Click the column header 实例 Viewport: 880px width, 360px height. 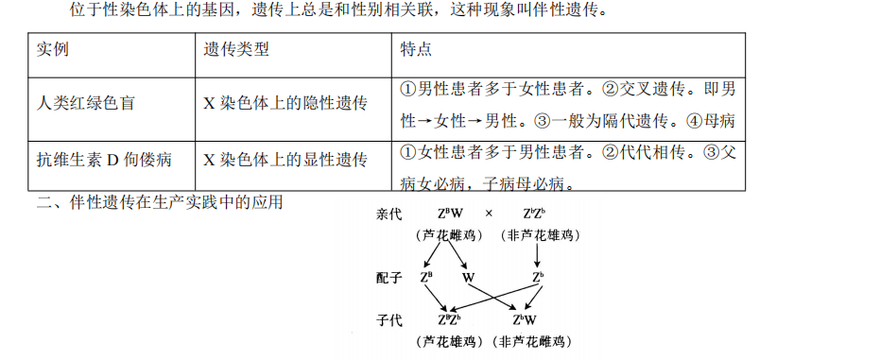[x=54, y=49]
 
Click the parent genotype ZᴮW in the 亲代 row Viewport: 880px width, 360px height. [x=451, y=214]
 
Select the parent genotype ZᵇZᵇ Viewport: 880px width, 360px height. [x=537, y=214]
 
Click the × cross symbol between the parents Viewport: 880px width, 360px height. [x=489, y=214]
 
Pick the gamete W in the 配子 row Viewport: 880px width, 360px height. [x=469, y=278]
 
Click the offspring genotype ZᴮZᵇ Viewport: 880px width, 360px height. [x=450, y=320]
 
